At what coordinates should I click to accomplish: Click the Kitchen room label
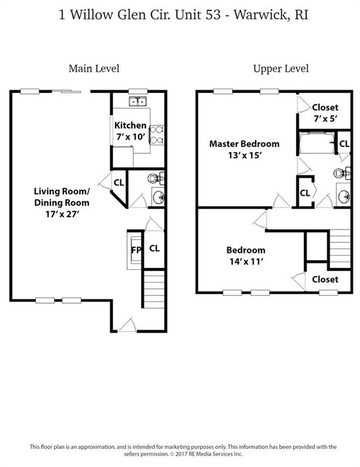(x=130, y=125)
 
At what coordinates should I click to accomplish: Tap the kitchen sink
(x=137, y=102)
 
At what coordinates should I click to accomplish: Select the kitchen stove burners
(x=157, y=135)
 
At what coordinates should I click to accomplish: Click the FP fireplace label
(x=136, y=250)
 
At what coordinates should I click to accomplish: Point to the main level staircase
(x=154, y=289)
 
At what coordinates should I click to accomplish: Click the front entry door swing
(x=127, y=325)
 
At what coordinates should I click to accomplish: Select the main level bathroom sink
(x=158, y=196)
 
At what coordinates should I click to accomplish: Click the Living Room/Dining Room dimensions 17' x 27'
(x=62, y=214)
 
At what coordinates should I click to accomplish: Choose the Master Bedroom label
(x=244, y=144)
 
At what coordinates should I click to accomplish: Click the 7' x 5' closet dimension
(x=325, y=119)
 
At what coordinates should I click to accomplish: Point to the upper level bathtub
(x=317, y=142)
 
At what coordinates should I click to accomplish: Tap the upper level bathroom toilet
(x=342, y=173)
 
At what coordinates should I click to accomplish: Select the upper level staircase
(x=340, y=249)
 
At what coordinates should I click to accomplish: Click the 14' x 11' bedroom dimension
(x=246, y=261)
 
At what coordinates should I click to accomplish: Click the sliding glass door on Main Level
(x=66, y=91)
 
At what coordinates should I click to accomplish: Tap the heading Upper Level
(x=281, y=69)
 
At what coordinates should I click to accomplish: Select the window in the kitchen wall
(x=138, y=91)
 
